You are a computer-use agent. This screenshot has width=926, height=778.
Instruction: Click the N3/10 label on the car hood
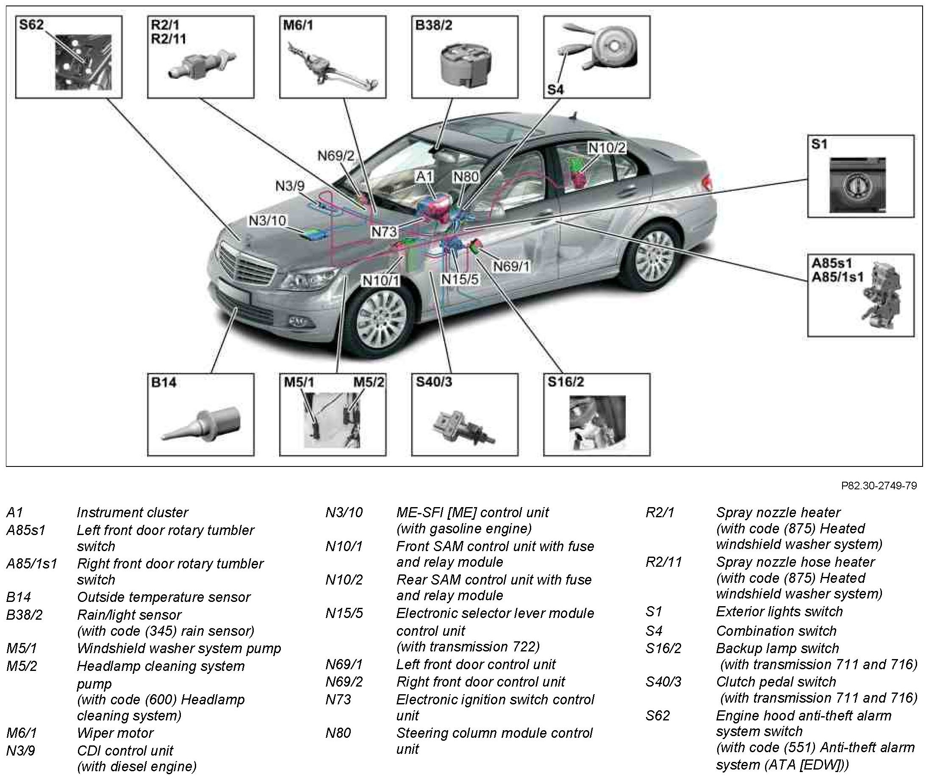click(x=267, y=221)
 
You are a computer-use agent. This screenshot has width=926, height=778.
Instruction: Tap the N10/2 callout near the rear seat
click(x=607, y=148)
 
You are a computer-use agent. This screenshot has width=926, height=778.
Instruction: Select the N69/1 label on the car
click(x=511, y=266)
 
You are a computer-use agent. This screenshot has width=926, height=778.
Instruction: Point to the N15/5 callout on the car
click(x=460, y=279)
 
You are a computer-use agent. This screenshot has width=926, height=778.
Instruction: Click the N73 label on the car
click(x=384, y=232)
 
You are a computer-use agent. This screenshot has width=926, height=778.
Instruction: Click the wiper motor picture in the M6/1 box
click(x=331, y=66)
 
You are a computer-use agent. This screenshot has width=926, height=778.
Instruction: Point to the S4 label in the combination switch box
click(x=555, y=90)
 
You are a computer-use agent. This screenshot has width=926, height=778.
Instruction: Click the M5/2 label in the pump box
click(x=369, y=382)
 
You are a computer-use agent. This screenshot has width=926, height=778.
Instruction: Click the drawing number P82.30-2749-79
click(x=878, y=486)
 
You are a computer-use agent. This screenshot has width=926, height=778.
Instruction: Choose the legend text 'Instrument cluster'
click(x=133, y=513)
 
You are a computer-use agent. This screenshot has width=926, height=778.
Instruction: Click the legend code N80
click(x=338, y=733)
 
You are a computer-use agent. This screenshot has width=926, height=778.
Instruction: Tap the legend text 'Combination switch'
click(x=776, y=631)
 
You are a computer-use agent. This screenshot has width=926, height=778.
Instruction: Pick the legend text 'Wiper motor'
click(x=115, y=733)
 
